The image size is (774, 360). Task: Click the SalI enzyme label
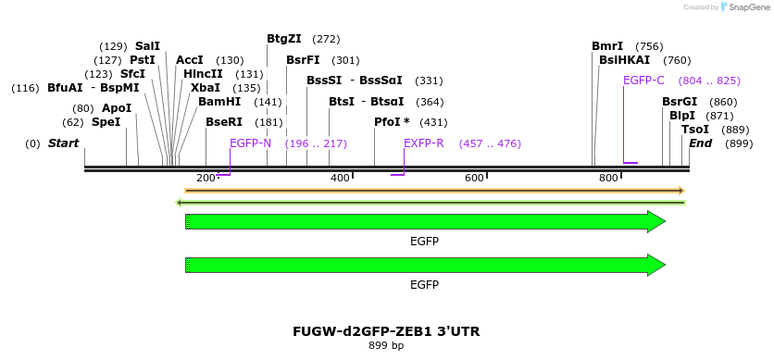pos(147,46)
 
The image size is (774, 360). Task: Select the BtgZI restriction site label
pos(284,39)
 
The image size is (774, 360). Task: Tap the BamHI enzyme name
pos(219,102)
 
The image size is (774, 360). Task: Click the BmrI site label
pos(607,46)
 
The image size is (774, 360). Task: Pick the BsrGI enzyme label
pos(680,102)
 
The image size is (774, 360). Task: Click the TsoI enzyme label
pos(694,130)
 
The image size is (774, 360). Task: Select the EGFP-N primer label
pos(250,143)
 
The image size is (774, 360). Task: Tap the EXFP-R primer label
pos(424,143)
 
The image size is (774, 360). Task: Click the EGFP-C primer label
pos(643,81)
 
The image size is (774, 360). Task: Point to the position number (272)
pos(326,39)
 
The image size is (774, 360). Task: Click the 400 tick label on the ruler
pos(340,178)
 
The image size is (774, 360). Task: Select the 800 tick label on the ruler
pos(608,178)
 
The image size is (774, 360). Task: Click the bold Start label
pos(64,143)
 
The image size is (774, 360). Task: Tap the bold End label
pos(700,143)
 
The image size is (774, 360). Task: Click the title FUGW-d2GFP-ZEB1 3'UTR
pos(386,331)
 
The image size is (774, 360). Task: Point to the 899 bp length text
pos(386,346)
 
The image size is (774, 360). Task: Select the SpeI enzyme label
pos(106,122)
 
